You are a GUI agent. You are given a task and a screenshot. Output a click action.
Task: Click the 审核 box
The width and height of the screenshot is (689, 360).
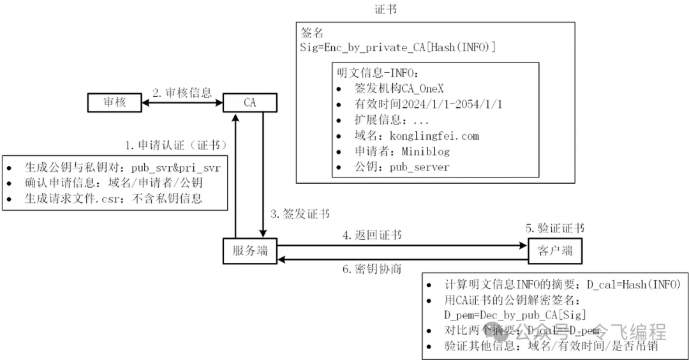(x=114, y=102)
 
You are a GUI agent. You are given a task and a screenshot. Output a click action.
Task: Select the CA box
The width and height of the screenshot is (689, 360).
(x=249, y=102)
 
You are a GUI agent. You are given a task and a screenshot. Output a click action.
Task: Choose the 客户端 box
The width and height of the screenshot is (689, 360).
(x=554, y=251)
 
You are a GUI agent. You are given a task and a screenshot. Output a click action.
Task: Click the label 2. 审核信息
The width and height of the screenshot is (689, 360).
(x=182, y=93)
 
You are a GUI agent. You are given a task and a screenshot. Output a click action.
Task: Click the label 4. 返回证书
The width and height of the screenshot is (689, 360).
(x=372, y=236)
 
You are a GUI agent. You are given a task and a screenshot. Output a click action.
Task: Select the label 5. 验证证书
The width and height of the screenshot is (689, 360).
(x=554, y=229)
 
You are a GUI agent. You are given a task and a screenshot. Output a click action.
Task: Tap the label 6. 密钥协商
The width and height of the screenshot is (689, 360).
(x=372, y=268)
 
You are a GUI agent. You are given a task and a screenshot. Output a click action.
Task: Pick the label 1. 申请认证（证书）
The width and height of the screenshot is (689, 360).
(x=175, y=145)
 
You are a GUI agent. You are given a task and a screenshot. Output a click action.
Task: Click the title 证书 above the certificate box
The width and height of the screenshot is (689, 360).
(x=387, y=10)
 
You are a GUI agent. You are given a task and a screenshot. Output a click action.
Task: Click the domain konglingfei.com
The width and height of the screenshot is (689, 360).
(x=440, y=136)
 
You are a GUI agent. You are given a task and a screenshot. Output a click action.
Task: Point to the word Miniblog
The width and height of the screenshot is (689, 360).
(x=426, y=151)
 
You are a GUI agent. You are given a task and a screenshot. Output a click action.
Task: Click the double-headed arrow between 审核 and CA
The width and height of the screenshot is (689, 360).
(x=182, y=102)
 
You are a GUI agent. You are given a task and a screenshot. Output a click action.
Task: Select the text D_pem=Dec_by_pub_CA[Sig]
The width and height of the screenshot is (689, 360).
(x=515, y=315)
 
